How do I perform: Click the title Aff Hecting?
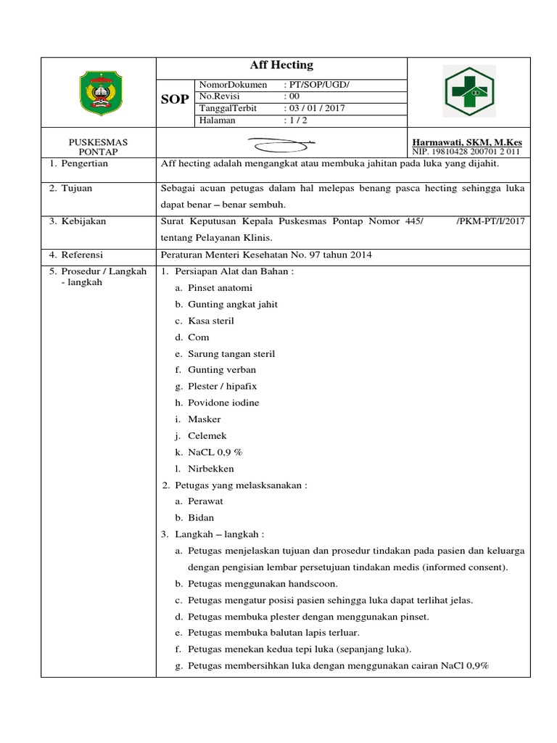pyautogui.click(x=281, y=65)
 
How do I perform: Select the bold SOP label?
pyautogui.click(x=175, y=99)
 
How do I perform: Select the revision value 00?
pyautogui.click(x=294, y=97)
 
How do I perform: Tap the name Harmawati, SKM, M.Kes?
pyautogui.click(x=466, y=142)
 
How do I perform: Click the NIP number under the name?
pyautogui.click(x=466, y=152)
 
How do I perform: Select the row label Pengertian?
pyautogui.click(x=83, y=164)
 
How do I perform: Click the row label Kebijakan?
pyautogui.click(x=82, y=221)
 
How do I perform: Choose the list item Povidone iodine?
pyautogui.click(x=223, y=403)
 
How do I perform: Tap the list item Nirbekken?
pyautogui.click(x=210, y=469)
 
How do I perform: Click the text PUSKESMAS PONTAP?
pyautogui.click(x=98, y=147)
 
